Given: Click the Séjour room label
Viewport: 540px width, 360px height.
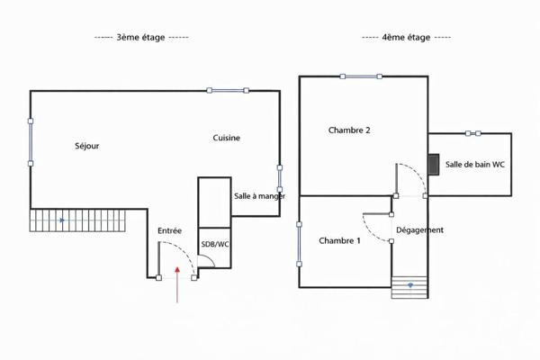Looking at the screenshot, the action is click(87, 146).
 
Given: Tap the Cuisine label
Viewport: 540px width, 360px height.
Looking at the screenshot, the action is click(226, 138).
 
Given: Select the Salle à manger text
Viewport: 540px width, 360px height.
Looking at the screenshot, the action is click(260, 196).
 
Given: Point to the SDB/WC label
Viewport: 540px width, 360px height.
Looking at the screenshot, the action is click(215, 244).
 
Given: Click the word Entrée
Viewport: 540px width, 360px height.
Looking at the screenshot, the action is click(169, 230).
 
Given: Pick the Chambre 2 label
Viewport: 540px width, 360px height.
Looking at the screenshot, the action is click(349, 130).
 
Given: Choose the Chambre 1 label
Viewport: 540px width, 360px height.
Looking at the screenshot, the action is click(339, 240).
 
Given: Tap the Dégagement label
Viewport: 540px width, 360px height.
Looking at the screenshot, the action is click(419, 230).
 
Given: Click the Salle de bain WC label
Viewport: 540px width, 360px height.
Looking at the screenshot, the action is click(475, 165).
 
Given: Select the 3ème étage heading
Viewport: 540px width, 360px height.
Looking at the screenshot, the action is click(141, 37).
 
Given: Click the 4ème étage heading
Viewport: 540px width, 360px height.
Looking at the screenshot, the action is click(406, 37).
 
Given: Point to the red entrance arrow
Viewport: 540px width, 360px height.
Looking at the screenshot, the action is click(177, 284).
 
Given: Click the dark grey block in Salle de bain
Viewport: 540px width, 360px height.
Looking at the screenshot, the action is click(434, 165).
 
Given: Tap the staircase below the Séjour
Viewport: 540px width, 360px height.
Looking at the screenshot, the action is click(77, 220).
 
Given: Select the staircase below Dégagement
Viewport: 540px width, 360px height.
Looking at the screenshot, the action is click(409, 287).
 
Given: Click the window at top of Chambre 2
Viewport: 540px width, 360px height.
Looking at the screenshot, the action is click(361, 76).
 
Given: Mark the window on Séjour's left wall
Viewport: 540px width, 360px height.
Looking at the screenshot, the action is click(31, 142).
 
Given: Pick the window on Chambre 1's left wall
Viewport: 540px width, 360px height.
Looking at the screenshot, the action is click(300, 244).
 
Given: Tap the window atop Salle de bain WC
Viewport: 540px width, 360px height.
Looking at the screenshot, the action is click(473, 133).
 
